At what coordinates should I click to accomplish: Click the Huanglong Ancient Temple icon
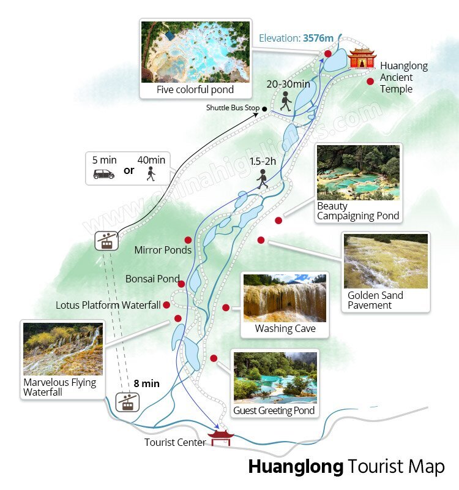click(362, 60)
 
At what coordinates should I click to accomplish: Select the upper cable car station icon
click(106, 240)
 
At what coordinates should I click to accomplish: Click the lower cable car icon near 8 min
click(127, 402)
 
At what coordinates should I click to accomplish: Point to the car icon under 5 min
click(104, 174)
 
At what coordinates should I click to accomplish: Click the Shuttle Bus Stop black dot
click(264, 108)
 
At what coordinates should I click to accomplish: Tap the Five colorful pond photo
click(195, 51)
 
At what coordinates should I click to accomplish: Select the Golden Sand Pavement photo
click(386, 261)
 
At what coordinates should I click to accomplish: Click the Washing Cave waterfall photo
click(285, 298)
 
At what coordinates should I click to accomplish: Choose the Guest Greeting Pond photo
click(275, 377)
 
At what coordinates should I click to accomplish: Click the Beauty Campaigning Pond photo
click(358, 173)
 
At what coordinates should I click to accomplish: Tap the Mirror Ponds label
click(163, 250)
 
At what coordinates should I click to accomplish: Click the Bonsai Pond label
click(152, 279)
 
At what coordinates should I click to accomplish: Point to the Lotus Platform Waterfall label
click(108, 304)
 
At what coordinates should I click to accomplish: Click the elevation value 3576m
click(318, 38)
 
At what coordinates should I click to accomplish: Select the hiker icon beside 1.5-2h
click(263, 179)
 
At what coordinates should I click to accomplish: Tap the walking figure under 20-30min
click(285, 102)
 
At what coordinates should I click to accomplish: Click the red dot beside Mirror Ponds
click(188, 240)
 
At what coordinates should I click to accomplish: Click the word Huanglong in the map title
click(296, 467)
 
